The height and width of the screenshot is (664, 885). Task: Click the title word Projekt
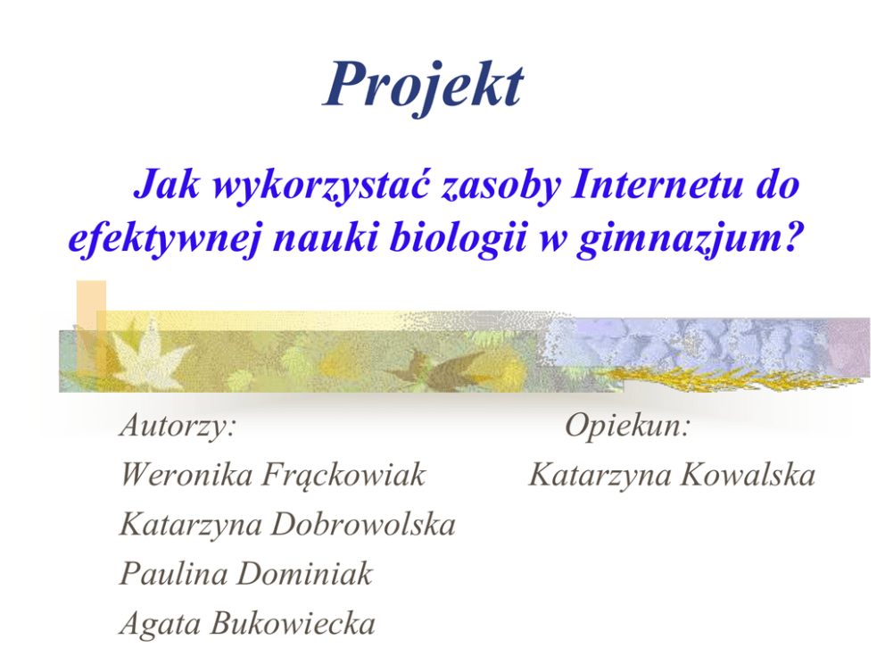(424, 87)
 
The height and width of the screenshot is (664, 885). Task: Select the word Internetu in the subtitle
(657, 184)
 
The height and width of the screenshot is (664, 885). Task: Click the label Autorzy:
(178, 425)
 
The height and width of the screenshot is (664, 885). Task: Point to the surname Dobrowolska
(363, 524)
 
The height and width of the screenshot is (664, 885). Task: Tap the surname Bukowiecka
(293, 623)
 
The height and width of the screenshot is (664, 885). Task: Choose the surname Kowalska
(748, 474)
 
